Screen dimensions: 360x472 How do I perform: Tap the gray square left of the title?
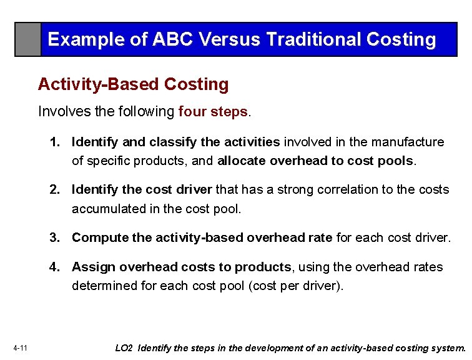tap(28, 39)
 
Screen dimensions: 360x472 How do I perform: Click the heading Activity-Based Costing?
tap(133, 84)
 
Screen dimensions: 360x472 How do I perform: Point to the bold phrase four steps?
tap(213, 112)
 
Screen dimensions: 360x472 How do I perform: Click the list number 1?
tap(55, 142)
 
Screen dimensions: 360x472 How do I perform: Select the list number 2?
tap(55, 189)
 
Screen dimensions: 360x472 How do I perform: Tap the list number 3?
tap(55, 237)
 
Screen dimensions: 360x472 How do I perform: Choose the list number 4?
tap(55, 267)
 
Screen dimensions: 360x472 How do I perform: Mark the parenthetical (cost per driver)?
tap(297, 286)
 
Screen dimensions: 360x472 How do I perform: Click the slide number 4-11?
tap(19, 348)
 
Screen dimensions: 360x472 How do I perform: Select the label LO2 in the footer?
tap(124, 348)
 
